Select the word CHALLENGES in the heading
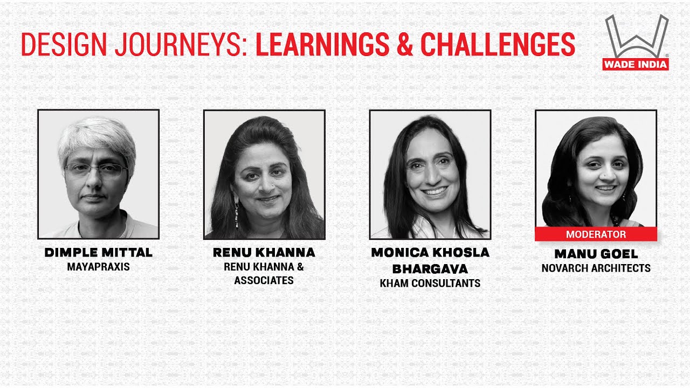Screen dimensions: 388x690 tap(498, 45)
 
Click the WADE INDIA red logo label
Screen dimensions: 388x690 tap(636, 64)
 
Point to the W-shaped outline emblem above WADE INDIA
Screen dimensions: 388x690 tap(636, 37)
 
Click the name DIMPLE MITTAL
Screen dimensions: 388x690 tap(98, 252)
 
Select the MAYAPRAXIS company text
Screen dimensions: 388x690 tap(98, 267)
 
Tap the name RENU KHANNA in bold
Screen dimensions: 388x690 tap(264, 252)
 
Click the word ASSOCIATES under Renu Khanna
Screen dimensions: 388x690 tap(264, 280)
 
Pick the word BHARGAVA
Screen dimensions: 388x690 tap(430, 268)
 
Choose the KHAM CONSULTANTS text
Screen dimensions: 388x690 tap(430, 283)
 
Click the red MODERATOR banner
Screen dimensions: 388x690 tap(596, 234)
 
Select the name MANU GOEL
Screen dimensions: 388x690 tap(596, 254)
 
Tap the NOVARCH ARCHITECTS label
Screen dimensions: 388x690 tap(596, 268)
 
